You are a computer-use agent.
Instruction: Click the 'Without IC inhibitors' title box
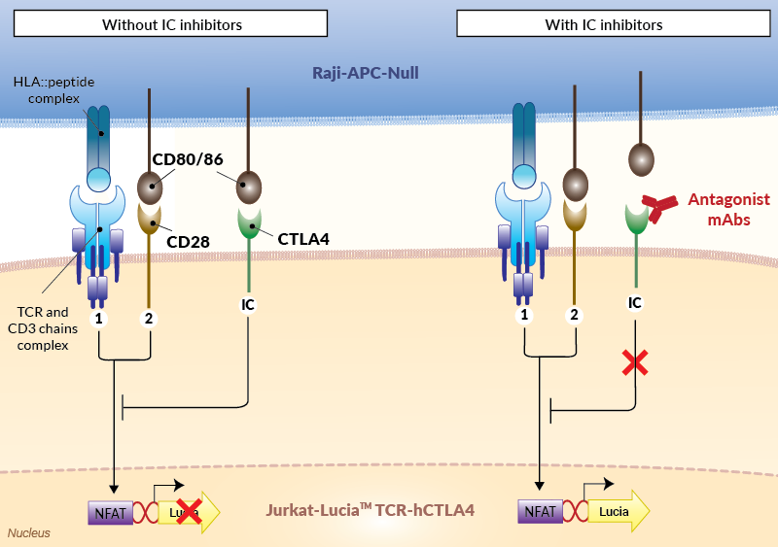coord(171,24)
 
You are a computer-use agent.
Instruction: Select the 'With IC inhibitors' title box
coord(614,24)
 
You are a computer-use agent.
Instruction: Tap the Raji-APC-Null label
coord(366,73)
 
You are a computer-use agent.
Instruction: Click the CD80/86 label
coord(188,159)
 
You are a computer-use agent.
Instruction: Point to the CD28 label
coord(188,242)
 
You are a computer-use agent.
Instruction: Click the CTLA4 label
coord(303,239)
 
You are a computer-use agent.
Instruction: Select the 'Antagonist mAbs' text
coord(728,209)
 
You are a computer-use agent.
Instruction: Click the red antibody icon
coord(659,207)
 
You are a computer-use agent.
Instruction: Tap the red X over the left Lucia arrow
coord(189,511)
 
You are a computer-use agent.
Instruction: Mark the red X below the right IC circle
coord(635,362)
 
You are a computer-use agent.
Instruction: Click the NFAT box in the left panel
coord(111,513)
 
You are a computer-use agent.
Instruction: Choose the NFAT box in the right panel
coord(541,511)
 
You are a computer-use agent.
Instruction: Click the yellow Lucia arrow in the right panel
coord(619,511)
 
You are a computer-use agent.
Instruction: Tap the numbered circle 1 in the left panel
coord(99,319)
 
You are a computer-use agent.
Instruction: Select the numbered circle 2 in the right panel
coord(574,315)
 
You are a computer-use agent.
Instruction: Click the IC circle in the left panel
coord(248,304)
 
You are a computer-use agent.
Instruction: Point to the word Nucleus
coord(29,533)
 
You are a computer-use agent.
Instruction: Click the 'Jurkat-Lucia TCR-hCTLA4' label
coord(371,510)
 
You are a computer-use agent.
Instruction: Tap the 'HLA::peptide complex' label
coord(53,89)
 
